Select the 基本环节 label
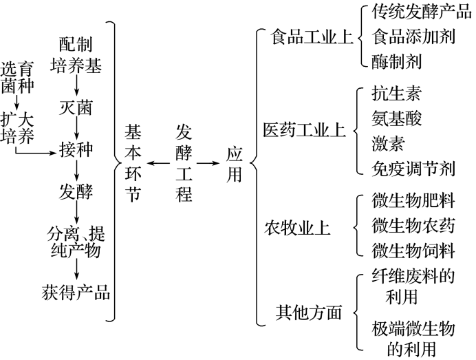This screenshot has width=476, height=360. (133, 163)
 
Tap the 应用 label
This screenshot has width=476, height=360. (235, 163)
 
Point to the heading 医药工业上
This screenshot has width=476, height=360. (305, 130)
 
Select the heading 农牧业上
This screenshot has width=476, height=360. (297, 229)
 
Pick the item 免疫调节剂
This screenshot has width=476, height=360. (413, 168)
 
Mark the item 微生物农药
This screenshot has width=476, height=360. (413, 225)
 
